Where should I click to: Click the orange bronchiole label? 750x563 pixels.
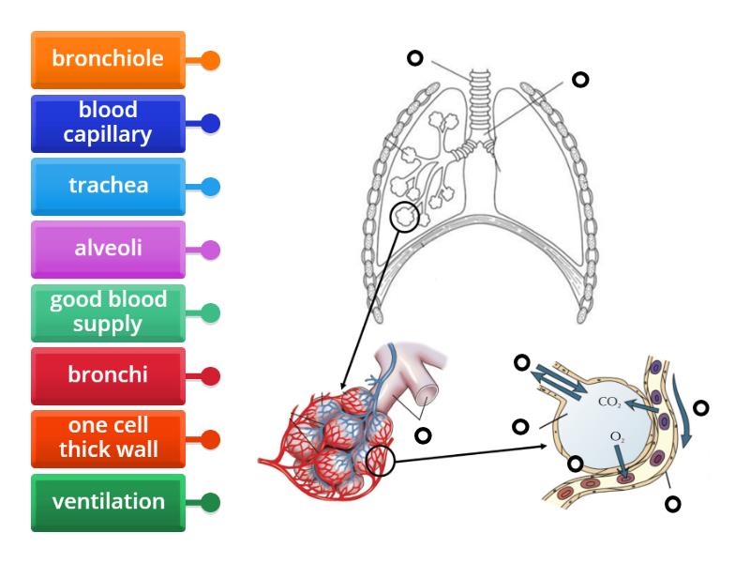point(108,60)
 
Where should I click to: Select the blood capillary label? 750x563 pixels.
point(108,124)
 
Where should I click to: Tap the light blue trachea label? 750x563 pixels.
point(108,187)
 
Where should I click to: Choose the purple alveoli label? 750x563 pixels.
point(108,250)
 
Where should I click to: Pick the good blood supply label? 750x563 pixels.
point(108,313)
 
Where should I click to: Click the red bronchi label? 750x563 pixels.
point(108,376)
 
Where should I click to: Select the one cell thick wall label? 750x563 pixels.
point(108,439)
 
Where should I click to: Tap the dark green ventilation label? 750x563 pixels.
point(108,502)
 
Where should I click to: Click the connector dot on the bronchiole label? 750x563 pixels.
point(211,61)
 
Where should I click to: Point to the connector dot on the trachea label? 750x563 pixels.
point(211,187)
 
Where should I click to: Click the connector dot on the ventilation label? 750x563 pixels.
point(211,503)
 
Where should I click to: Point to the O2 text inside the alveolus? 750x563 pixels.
point(616,437)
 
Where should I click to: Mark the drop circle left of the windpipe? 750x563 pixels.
point(413,59)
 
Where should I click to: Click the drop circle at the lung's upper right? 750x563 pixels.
point(580,80)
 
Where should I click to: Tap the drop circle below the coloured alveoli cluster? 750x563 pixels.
point(423,435)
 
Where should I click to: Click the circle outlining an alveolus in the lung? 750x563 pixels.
point(406,218)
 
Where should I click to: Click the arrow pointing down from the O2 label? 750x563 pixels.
point(622,464)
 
